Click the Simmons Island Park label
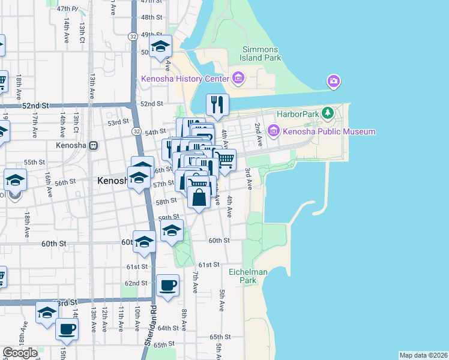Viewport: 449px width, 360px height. coord(261,54)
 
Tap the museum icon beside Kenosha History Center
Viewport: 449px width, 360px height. coord(238,79)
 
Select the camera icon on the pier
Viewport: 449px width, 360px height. coord(334,81)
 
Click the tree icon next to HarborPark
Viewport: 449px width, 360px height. coord(327,113)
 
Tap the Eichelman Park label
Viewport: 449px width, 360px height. coord(248,276)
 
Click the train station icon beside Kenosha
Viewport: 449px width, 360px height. coord(93,146)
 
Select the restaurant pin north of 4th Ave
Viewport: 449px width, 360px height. coord(217,105)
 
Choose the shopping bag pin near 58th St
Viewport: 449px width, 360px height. coord(199,197)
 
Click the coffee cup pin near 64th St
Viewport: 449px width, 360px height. coord(67,329)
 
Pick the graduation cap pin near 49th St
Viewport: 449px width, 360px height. coord(160,46)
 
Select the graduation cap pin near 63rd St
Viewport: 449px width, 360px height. coord(46,312)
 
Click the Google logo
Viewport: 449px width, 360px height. coord(20,353)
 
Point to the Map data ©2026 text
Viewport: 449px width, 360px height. coord(423,355)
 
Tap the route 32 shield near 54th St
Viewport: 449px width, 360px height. coord(137,131)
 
